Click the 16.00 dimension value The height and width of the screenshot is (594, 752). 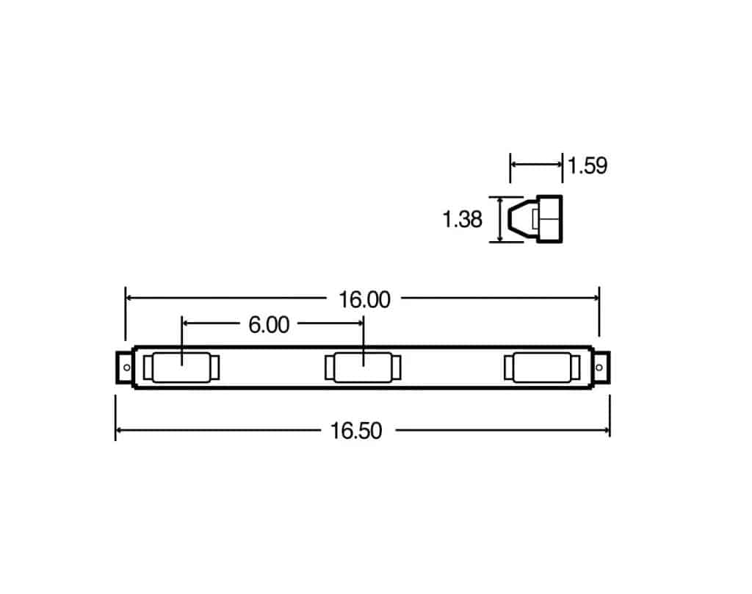coord(364,299)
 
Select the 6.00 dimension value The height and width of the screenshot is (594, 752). coord(269,324)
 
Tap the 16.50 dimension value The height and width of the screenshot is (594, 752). coord(356,431)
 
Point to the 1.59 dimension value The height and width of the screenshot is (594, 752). coord(588,165)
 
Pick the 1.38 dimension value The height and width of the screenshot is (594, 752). coord(462,219)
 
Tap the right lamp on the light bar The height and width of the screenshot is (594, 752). coord(544,368)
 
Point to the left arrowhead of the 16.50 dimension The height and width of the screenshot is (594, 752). coord(119,430)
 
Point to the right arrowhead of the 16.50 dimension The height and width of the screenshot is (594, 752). coord(607,430)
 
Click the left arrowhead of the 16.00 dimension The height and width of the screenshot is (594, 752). coord(129,298)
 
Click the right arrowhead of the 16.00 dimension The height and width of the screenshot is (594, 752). coord(596,298)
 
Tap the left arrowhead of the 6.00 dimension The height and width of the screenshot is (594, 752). coord(185,323)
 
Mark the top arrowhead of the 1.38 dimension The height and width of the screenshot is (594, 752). coord(501,200)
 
